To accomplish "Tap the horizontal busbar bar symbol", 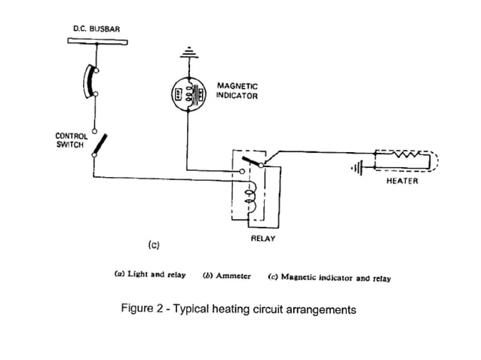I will click(93, 41).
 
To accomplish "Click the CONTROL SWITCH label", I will click(72, 141).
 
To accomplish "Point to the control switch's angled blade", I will click(100, 145).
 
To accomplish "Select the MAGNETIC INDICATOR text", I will click(237, 91).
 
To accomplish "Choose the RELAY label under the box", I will click(263, 239).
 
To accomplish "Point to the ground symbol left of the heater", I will click(357, 167).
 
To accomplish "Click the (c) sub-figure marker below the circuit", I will click(153, 245).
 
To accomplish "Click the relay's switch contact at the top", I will click(253, 160).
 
